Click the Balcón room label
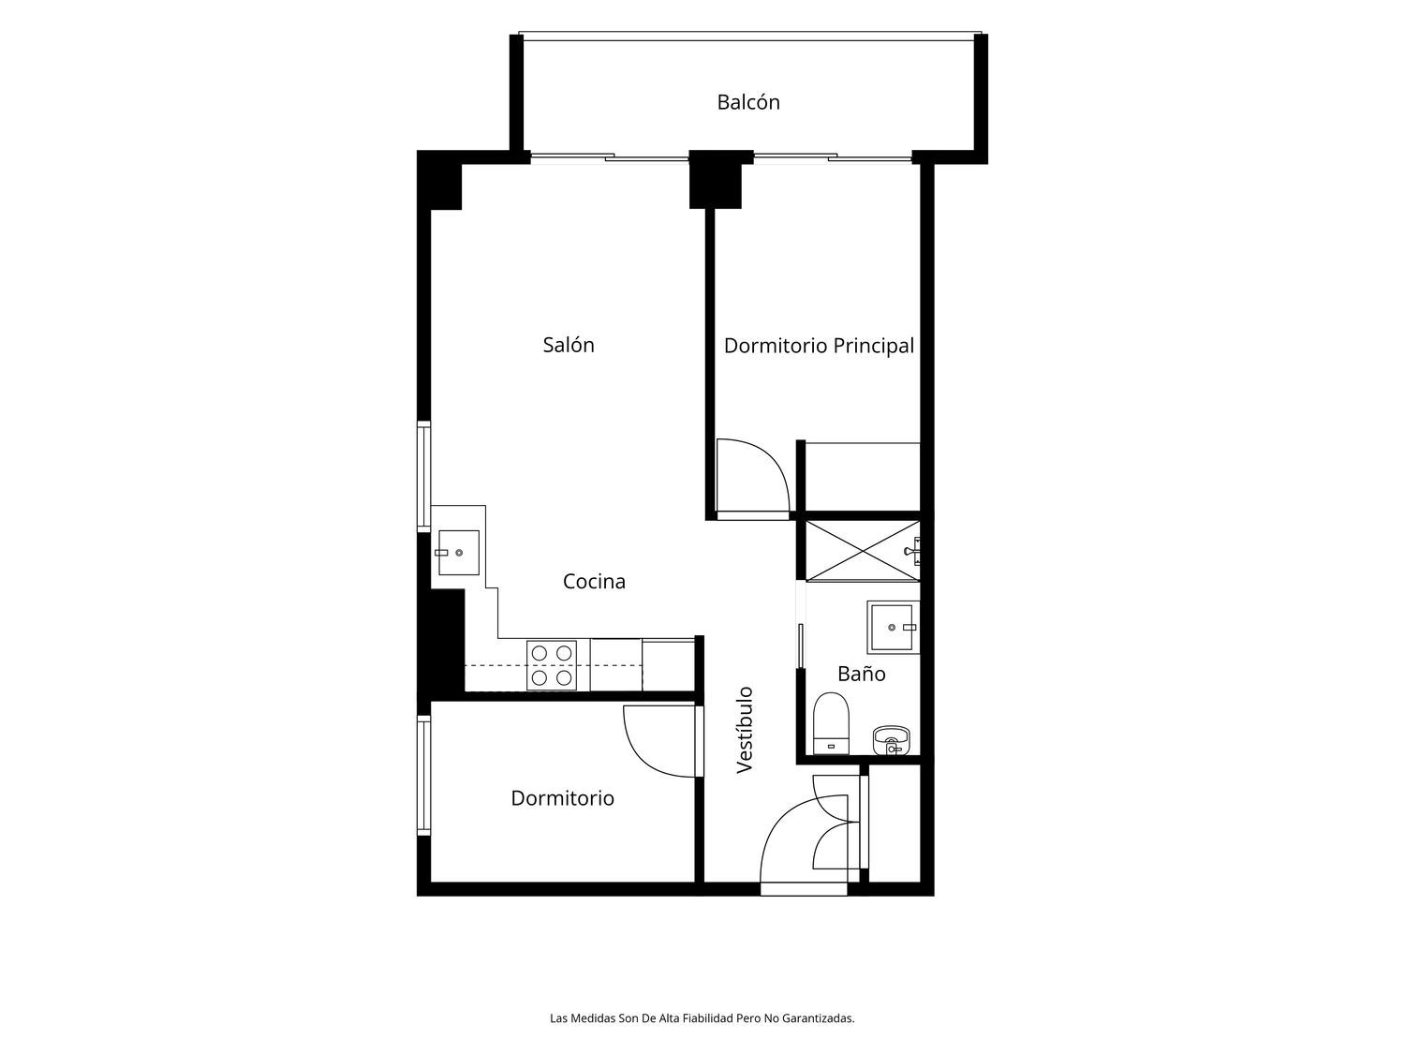[x=747, y=102]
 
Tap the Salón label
[x=569, y=345]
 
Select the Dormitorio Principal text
[x=819, y=347]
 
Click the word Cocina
[x=594, y=581]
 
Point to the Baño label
[x=862, y=674]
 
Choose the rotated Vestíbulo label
[x=745, y=730]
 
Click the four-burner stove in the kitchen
[x=552, y=665]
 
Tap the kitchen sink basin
[x=458, y=552]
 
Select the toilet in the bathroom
[x=831, y=723]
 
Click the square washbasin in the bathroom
[x=893, y=627]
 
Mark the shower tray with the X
[x=863, y=551]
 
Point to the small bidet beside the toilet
[x=891, y=740]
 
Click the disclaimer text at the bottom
[x=702, y=1018]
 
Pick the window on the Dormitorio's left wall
[x=423, y=775]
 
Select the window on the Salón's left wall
[x=423, y=476]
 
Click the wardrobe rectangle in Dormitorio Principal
[x=863, y=477]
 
